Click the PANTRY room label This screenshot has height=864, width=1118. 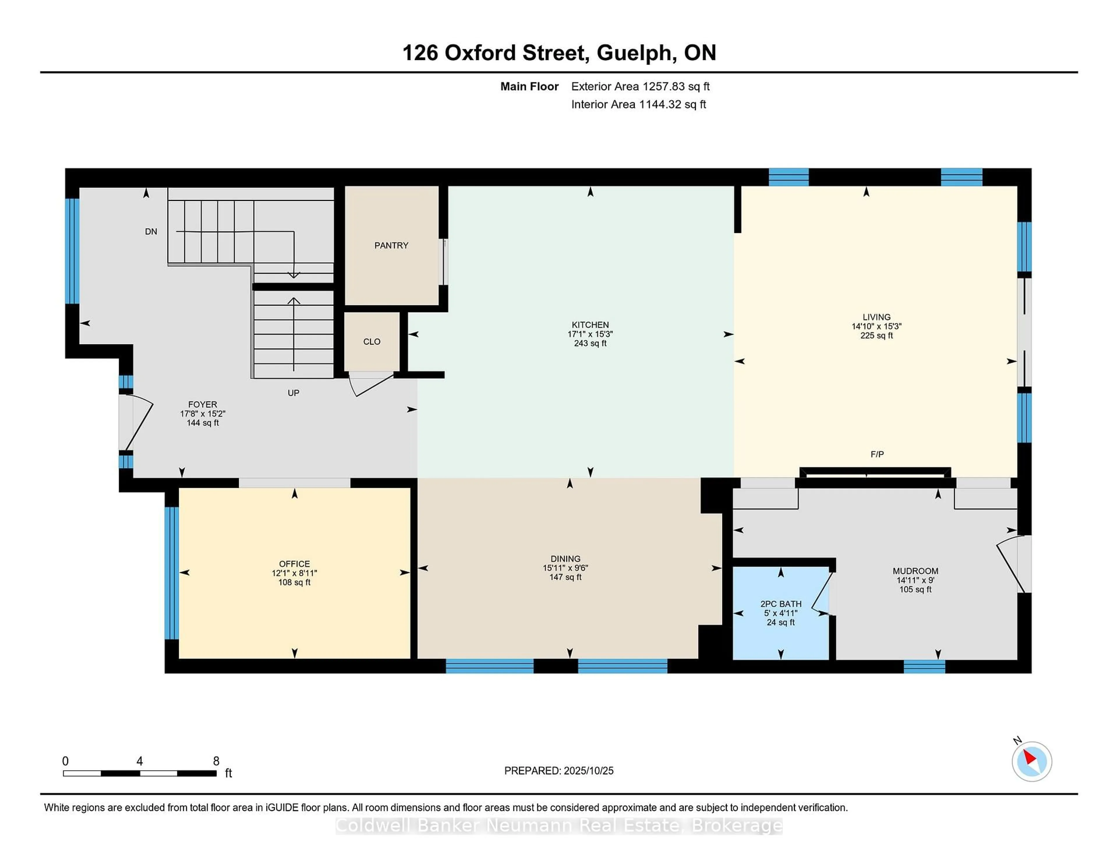point(391,246)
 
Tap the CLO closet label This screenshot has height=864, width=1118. point(372,342)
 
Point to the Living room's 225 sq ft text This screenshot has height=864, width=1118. point(876,336)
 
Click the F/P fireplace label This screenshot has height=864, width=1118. point(877,454)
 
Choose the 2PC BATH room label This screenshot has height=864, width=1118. point(781,604)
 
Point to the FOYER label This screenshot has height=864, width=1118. point(202,404)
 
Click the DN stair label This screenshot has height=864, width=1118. point(151,232)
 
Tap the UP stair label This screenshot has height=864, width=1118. point(293,393)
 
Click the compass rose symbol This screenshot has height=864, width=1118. point(1032,761)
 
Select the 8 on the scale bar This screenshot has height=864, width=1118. point(216,761)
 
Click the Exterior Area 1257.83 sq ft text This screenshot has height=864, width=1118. point(640,86)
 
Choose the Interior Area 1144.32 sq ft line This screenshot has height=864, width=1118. point(638,105)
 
